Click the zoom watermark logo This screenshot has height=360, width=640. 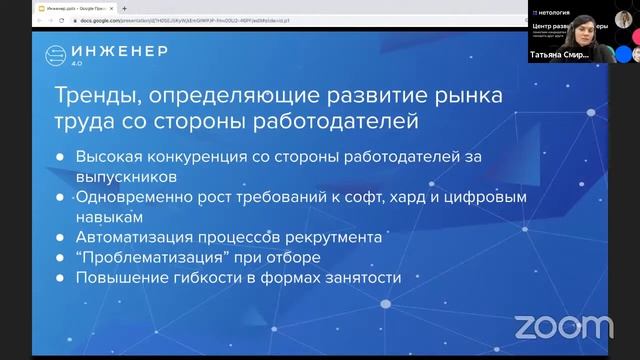[x=550, y=327]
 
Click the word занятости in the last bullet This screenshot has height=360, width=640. [x=361, y=277]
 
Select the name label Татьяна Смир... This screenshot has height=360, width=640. [x=560, y=56]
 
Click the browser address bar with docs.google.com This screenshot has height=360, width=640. [x=200, y=8]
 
